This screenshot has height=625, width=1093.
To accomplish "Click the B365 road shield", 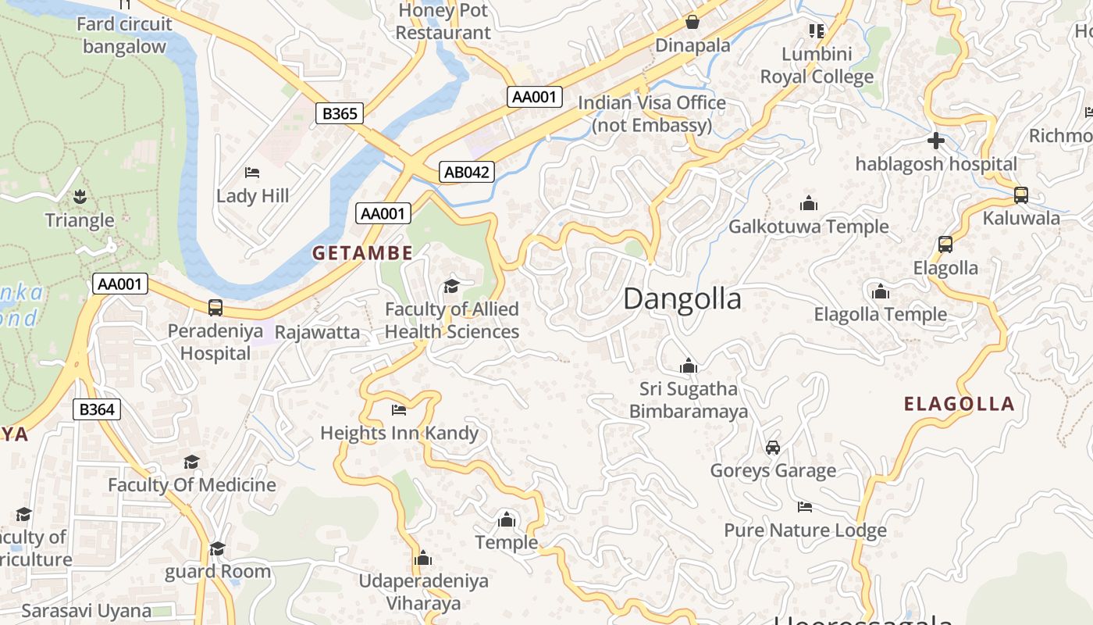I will click(x=340, y=113).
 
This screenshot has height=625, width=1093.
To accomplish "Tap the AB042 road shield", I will click(x=467, y=172).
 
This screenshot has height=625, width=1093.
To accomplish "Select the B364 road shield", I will click(x=97, y=409).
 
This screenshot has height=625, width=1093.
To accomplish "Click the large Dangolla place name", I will click(x=682, y=298).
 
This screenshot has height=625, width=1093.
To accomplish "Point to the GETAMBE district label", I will click(x=362, y=253).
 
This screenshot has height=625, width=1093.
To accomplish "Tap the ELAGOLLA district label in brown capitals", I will click(x=959, y=404).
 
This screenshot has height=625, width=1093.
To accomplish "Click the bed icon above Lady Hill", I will click(x=252, y=172).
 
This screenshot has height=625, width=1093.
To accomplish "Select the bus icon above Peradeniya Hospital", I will click(x=215, y=308).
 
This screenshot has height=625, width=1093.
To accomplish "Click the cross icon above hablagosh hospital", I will click(x=935, y=141).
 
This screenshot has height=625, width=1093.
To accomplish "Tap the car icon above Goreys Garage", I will click(x=773, y=447).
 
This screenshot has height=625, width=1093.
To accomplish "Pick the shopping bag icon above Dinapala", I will click(x=692, y=21).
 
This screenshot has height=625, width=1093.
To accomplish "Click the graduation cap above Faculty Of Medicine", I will click(x=191, y=462).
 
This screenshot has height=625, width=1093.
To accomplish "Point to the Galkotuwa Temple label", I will click(x=808, y=227).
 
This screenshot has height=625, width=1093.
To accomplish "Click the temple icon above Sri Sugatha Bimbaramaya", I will click(x=688, y=365).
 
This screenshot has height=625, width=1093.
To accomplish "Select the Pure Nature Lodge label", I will click(x=805, y=530).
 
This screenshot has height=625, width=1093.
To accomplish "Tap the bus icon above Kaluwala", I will click(x=1020, y=195).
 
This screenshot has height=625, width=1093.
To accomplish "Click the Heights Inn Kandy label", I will click(x=399, y=433).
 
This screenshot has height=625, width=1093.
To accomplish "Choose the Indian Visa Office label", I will click(x=651, y=113).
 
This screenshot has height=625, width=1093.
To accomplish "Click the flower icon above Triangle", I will click(x=80, y=196).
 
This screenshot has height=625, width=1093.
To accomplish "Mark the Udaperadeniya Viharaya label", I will click(x=423, y=591).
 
